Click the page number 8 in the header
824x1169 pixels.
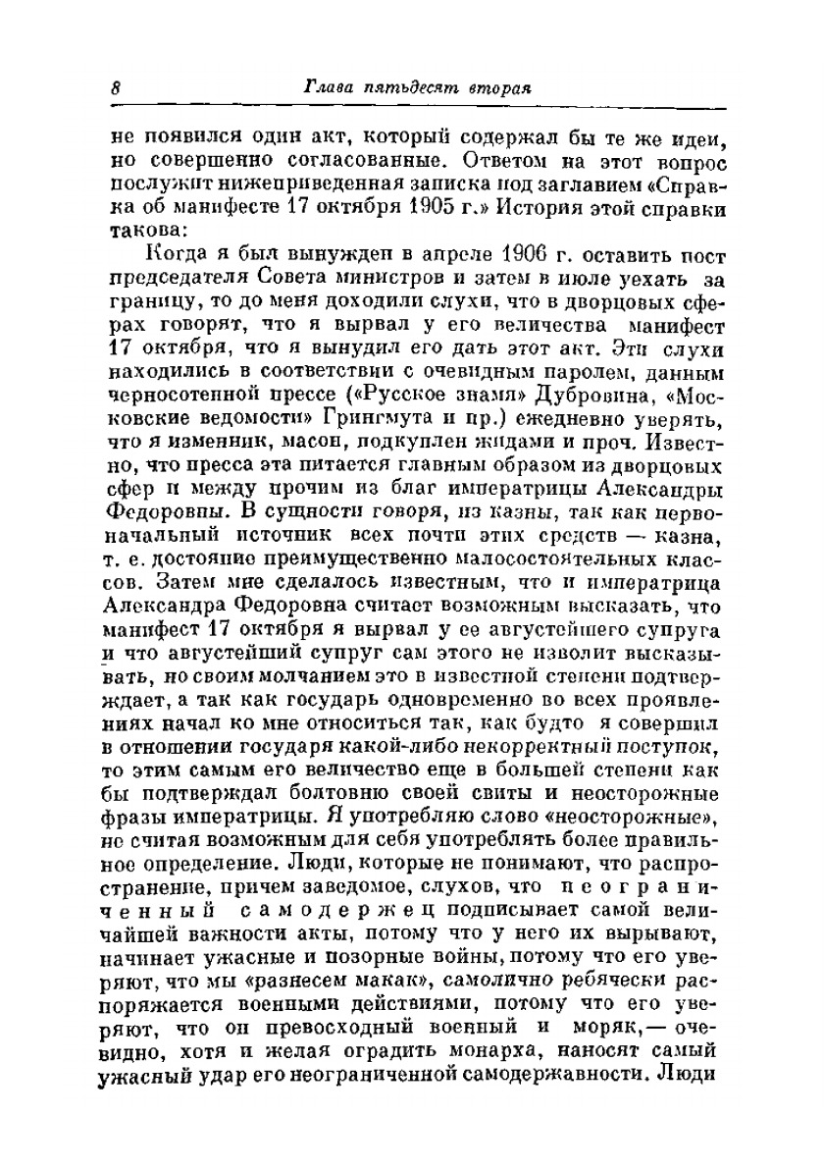[115, 86]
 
